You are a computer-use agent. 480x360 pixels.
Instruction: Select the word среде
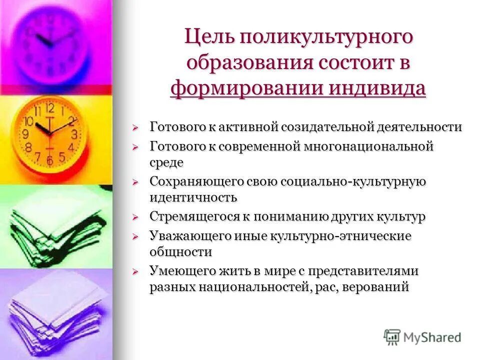coord(166,162)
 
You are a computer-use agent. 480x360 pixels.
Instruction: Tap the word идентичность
coord(193,197)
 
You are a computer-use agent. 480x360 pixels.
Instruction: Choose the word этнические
coord(373,236)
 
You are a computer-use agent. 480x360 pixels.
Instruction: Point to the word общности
coord(180,251)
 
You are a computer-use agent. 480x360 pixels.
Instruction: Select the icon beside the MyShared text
coord(392,337)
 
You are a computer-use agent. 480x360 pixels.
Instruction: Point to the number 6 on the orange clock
coord(49,160)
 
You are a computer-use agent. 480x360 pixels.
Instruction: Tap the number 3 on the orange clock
coord(74,134)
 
